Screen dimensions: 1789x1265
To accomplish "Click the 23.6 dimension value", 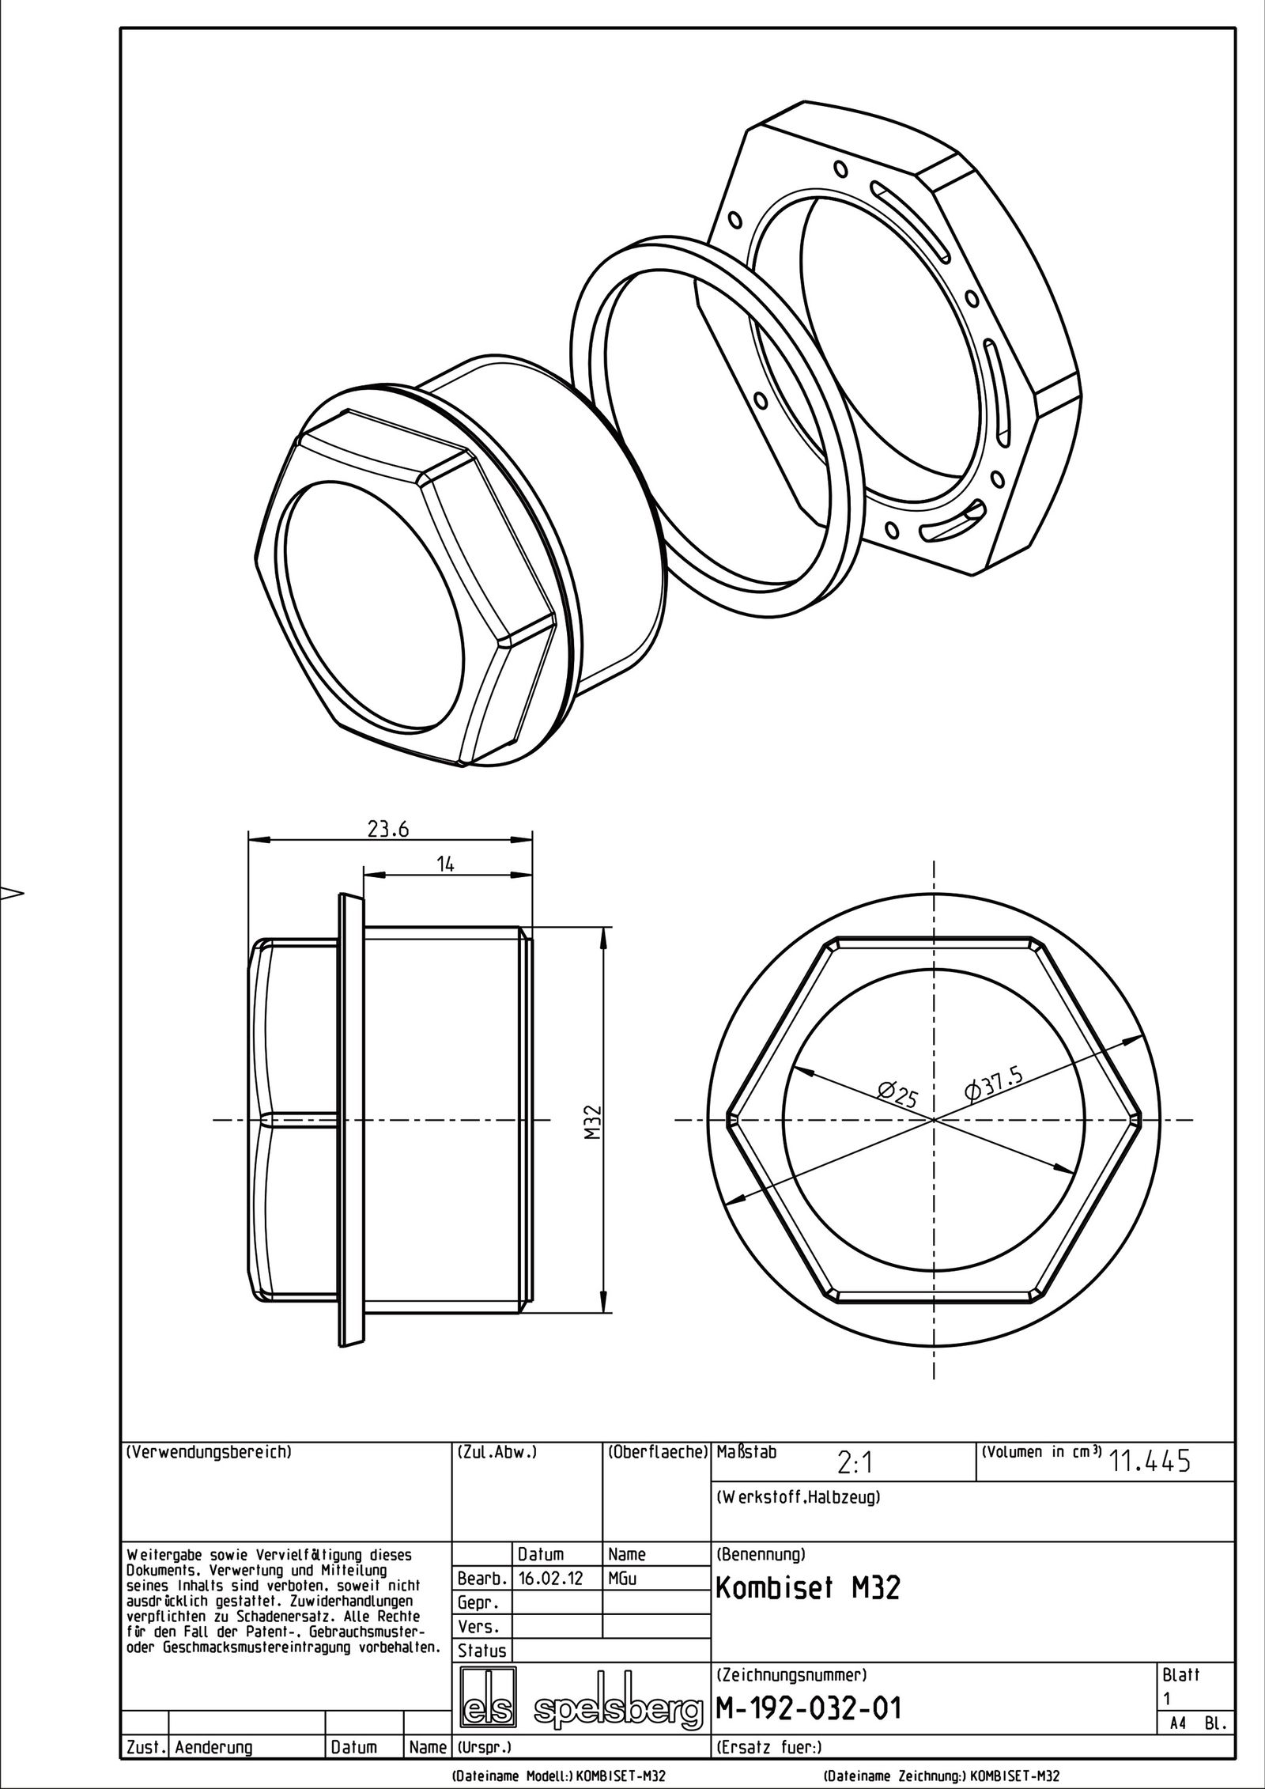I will [387, 828].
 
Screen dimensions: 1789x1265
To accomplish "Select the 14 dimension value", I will [446, 864].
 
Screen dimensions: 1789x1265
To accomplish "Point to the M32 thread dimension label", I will [595, 1122].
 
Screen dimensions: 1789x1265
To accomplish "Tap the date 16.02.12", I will [550, 1556].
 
